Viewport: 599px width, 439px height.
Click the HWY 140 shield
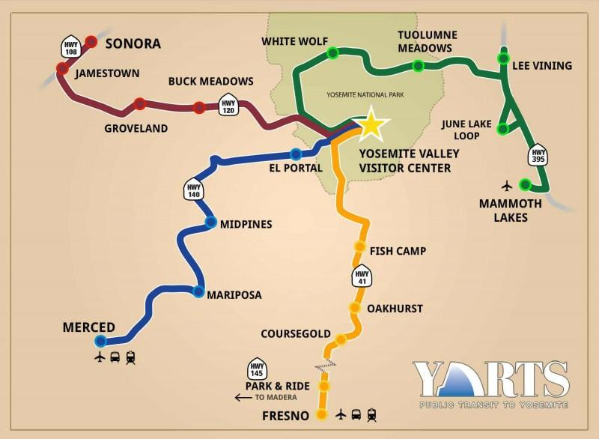[x=194, y=189]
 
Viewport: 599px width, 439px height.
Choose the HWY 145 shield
[x=257, y=367]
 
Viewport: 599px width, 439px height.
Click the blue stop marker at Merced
[x=100, y=340]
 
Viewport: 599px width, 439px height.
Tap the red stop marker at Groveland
[x=140, y=104]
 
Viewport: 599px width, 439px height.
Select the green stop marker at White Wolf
[x=332, y=52]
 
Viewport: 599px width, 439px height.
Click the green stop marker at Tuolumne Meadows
[x=418, y=66]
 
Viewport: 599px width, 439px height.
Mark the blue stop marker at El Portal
[x=296, y=154]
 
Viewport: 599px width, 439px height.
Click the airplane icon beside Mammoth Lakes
[x=507, y=185]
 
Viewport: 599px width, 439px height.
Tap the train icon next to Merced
[x=131, y=358]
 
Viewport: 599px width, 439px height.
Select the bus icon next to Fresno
[x=356, y=414]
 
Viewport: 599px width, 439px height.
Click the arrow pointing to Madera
[x=243, y=397]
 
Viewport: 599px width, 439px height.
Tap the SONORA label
[x=133, y=43]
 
